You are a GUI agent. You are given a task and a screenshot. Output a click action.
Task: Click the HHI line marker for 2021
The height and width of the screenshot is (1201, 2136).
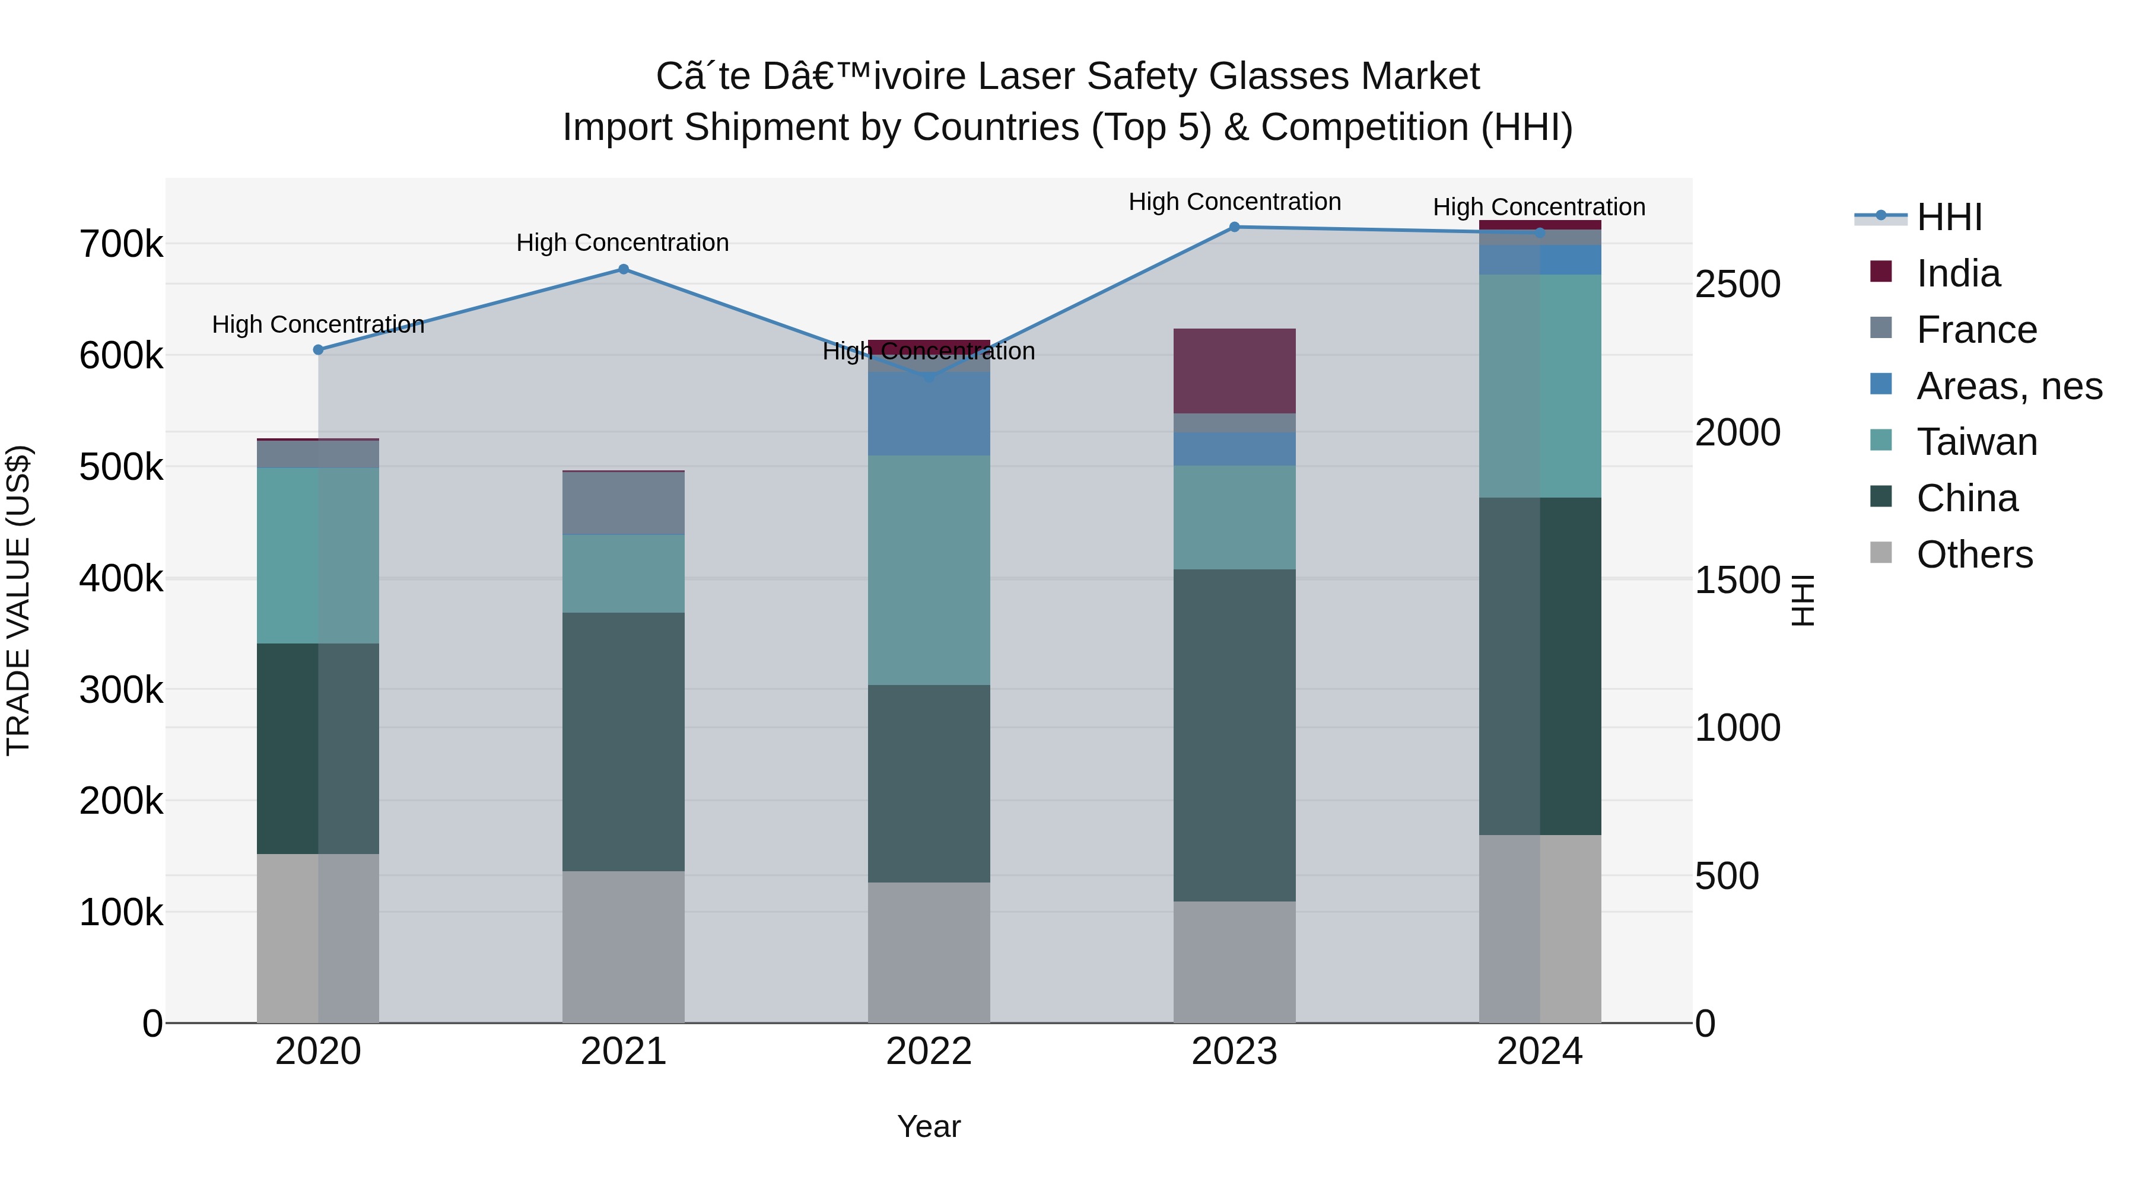pos(624,269)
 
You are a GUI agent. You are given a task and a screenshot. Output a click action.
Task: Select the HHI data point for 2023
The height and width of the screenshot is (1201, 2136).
pos(1234,227)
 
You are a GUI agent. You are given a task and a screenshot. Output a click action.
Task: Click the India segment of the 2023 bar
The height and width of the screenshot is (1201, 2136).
pos(1234,371)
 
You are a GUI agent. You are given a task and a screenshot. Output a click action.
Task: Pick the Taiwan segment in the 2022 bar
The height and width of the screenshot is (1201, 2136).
pos(929,570)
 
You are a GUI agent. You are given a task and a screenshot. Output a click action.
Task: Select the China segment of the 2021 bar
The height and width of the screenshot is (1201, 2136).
pos(624,742)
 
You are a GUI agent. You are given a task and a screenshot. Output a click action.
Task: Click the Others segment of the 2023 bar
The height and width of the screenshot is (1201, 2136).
pos(1234,961)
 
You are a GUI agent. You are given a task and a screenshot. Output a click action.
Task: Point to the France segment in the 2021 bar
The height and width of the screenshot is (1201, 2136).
pos(624,503)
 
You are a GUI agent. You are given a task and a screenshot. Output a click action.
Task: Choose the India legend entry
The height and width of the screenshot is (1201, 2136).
pos(1958,273)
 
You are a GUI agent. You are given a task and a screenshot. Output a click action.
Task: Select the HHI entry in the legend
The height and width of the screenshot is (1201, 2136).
pos(1949,217)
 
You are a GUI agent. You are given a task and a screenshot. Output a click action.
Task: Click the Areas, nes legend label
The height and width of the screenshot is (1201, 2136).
pos(2008,386)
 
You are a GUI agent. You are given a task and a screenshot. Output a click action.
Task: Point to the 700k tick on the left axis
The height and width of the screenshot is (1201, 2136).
pos(121,244)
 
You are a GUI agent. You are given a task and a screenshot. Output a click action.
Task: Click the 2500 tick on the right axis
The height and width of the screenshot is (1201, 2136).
pos(1737,284)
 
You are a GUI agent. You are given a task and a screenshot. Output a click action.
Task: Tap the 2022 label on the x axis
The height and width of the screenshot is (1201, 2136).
pos(929,1052)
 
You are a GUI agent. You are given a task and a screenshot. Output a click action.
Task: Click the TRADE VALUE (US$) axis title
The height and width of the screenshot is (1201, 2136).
pos(18,600)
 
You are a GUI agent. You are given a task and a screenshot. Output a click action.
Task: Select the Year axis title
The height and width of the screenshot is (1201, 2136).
pos(929,1126)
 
